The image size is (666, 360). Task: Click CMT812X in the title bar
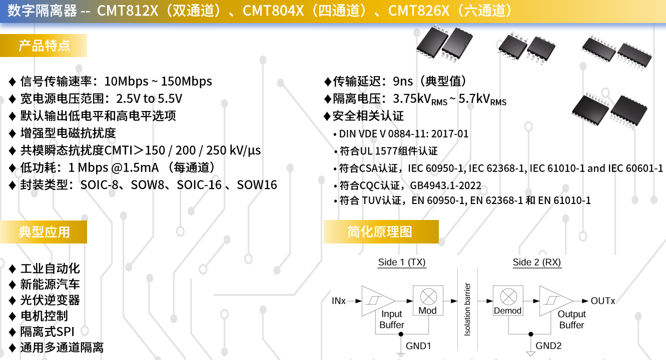[128, 10]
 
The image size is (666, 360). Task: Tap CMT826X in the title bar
[419, 10]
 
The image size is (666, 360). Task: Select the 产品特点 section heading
[45, 45]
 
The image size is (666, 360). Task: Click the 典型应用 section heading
[45, 232]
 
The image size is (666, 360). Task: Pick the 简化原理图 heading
[380, 232]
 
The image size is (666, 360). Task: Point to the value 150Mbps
[187, 81]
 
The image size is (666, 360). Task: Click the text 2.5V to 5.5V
[149, 98]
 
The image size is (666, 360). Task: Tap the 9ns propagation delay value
[403, 81]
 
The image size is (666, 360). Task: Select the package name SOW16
[257, 185]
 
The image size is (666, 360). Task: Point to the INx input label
[339, 301]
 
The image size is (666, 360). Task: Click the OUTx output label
[602, 301]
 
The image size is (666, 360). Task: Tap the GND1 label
[418, 346]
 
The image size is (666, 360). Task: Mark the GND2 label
[548, 346]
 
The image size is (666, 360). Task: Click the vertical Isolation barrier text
[467, 309]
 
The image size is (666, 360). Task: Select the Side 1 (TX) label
[402, 262]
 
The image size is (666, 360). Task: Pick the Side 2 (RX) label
[537, 262]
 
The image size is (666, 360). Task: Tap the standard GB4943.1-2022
[445, 185]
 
